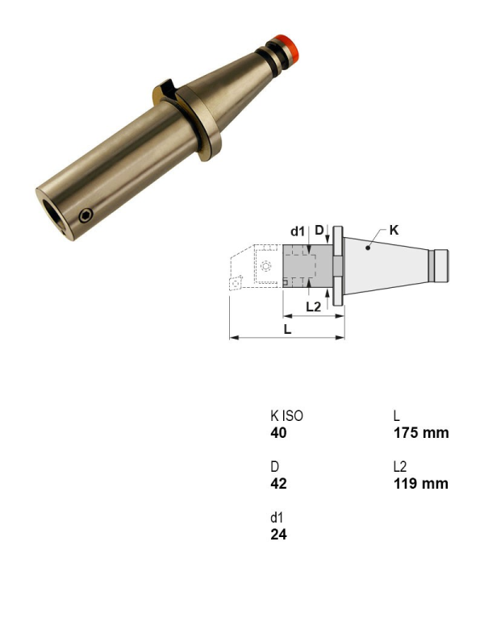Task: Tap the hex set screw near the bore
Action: (x=86, y=215)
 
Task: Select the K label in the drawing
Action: (x=394, y=231)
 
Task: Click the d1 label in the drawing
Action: (x=298, y=231)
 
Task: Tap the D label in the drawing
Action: (x=319, y=230)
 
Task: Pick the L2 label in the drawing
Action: (x=314, y=306)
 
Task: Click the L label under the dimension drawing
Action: (x=287, y=329)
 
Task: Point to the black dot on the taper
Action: (x=368, y=248)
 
